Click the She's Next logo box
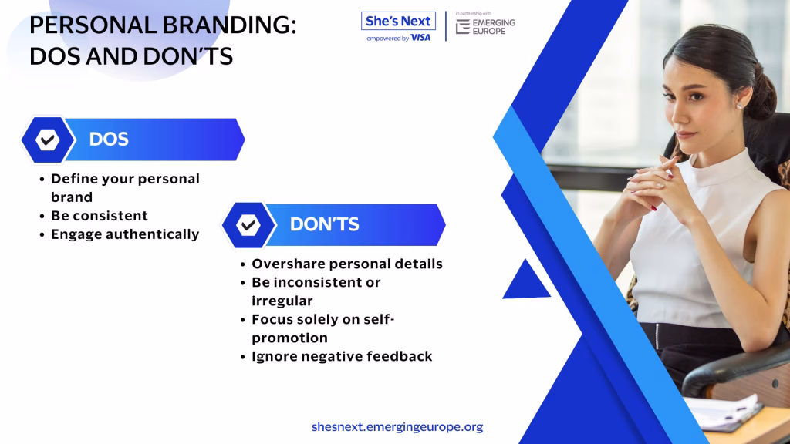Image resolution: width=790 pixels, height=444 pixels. [x=398, y=21]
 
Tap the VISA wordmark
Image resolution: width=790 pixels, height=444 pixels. [x=420, y=38]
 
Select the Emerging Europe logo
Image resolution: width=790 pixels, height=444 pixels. [x=485, y=26]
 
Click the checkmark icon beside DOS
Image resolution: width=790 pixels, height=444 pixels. [x=47, y=140]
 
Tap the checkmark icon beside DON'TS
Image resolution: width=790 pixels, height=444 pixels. [x=248, y=224]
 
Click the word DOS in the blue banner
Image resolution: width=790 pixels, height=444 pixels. [x=109, y=140]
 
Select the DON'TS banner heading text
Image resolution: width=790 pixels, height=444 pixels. [x=325, y=224]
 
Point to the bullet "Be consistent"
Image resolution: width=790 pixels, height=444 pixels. [x=100, y=216]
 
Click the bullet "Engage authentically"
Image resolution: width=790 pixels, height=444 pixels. [x=125, y=234]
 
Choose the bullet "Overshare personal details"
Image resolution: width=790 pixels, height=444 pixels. [x=347, y=264]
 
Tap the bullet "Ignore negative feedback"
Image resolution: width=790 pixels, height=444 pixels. [x=342, y=356]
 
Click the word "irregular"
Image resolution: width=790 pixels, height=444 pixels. [x=282, y=301]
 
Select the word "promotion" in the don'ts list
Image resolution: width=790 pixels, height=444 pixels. [x=290, y=338]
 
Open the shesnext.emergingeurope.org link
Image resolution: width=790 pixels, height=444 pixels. [x=397, y=427]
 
